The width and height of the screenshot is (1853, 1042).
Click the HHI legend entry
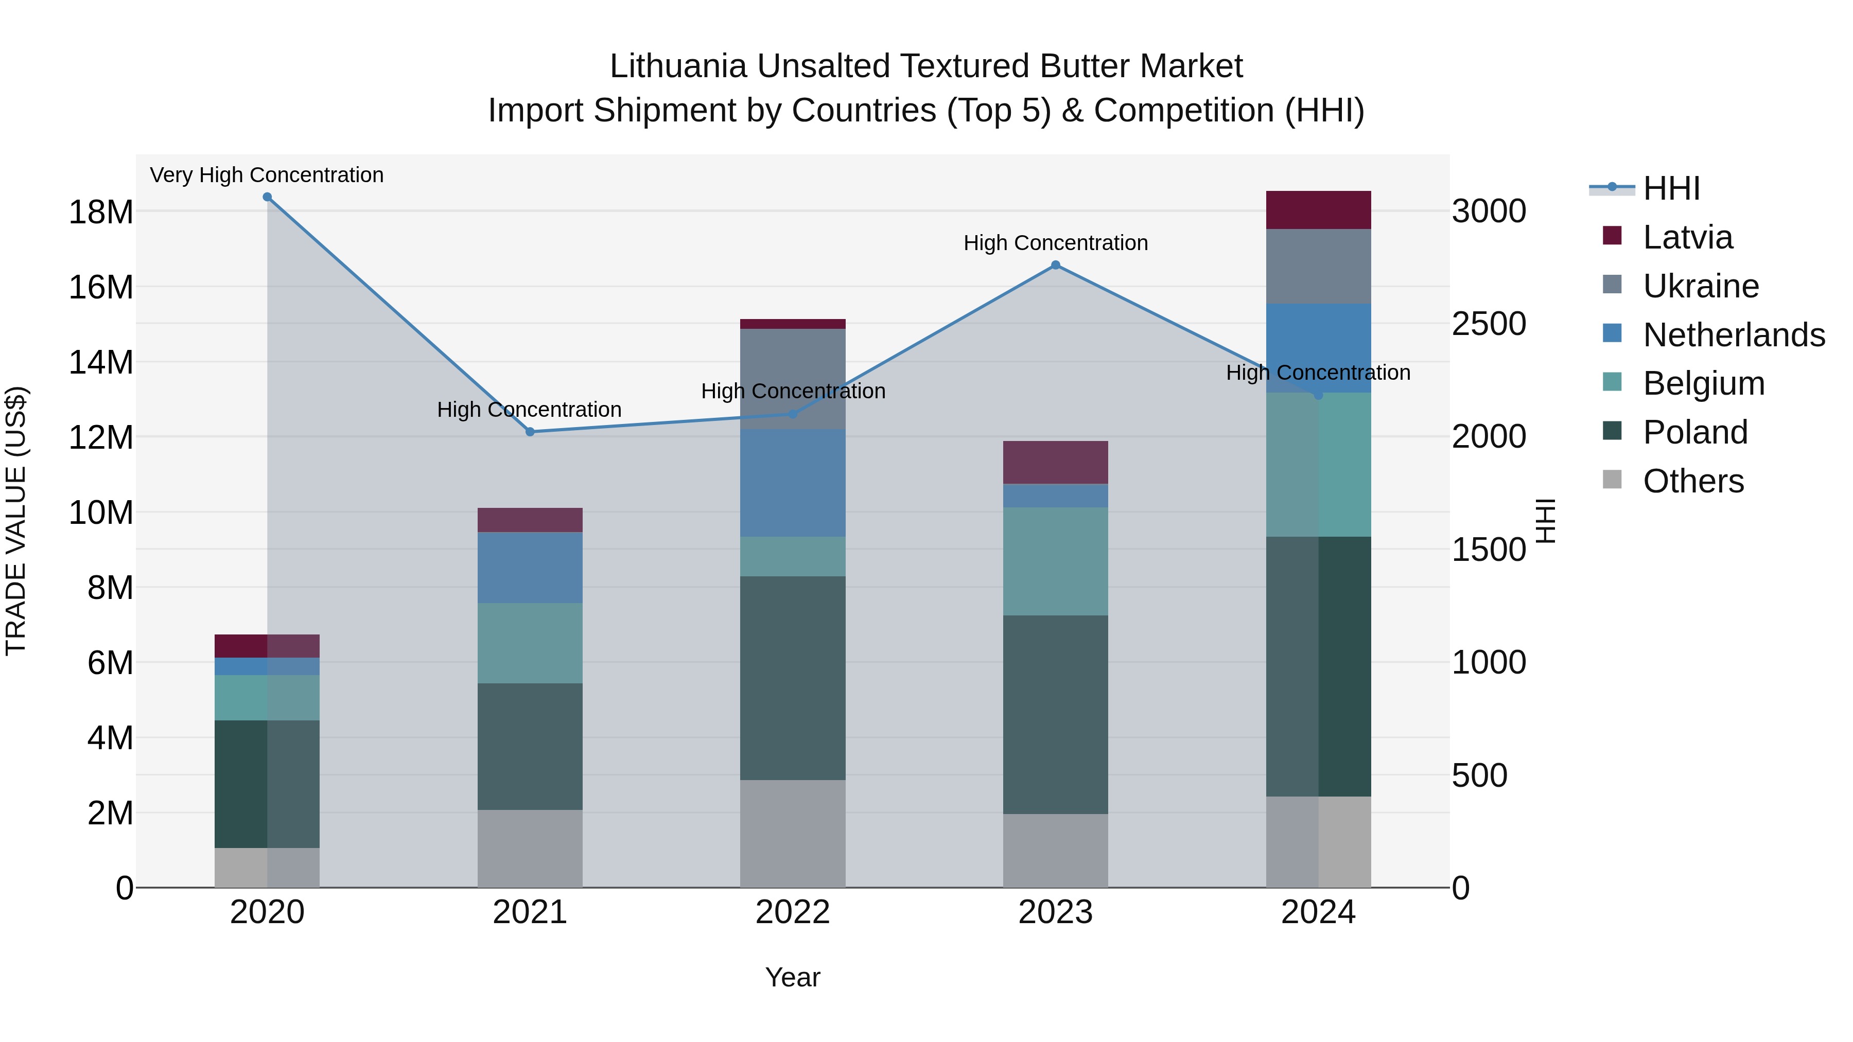[1671, 188]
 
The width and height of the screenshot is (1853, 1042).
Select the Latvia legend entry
[1688, 237]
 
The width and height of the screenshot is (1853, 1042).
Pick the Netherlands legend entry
[1734, 335]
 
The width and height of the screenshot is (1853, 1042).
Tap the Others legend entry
[1693, 481]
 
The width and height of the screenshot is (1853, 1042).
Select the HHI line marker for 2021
[530, 432]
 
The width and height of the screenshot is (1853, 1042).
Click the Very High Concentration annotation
[267, 175]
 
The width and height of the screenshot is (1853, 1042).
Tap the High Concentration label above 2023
[1055, 243]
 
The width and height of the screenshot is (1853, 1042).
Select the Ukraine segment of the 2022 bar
[793, 379]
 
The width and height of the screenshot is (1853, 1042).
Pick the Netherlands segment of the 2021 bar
[530, 568]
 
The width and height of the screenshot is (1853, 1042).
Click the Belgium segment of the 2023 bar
[1055, 561]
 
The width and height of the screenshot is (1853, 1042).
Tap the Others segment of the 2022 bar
[793, 834]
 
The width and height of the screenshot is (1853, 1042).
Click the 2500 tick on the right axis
[1488, 324]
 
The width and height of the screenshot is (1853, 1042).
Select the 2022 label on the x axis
[793, 912]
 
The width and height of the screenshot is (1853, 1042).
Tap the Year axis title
[793, 977]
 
